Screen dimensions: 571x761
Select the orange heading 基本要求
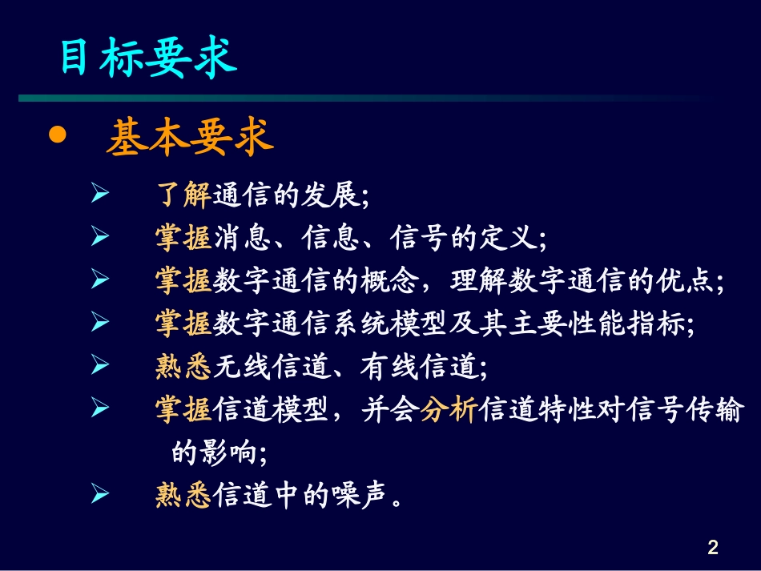190,138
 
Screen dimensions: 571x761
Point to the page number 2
712,548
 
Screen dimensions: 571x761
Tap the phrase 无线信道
270,368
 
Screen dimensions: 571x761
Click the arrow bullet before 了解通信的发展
99,194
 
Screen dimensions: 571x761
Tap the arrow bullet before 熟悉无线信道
99,366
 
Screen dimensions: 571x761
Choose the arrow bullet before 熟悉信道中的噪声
99,496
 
